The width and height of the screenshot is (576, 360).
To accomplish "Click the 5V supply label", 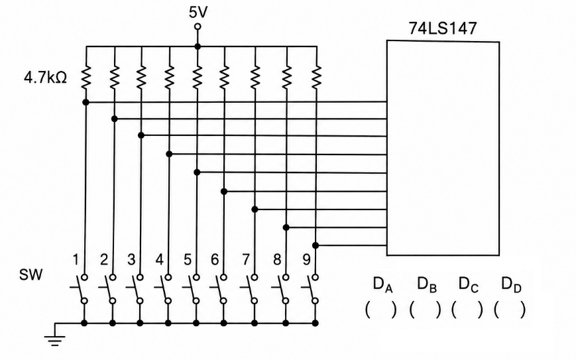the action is tap(198, 12).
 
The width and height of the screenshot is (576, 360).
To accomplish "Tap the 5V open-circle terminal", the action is tap(198, 27).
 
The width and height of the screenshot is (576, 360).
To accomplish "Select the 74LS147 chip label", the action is tap(442, 29).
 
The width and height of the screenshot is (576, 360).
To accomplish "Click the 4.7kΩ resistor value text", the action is tap(45, 78).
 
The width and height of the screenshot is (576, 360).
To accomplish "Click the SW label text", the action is tap(31, 274).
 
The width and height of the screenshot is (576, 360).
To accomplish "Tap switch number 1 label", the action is tap(76, 260).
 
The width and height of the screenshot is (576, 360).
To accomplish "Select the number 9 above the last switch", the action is tap(307, 260).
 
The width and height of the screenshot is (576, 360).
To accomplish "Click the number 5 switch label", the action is tap(188, 260).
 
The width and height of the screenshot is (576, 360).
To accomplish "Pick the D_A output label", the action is tap(382, 284).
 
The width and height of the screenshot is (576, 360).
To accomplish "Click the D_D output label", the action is tap(511, 284).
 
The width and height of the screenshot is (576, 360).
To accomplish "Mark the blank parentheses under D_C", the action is tap(467, 310).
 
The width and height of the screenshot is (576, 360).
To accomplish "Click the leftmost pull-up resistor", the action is tap(86, 77).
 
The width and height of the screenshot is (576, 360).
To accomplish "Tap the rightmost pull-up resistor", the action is tap(316, 77).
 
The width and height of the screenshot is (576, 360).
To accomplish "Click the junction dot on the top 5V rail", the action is tap(198, 46).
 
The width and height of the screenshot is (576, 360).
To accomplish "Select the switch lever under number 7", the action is tap(251, 288).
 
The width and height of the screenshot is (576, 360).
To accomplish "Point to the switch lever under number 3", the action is tap(136, 288).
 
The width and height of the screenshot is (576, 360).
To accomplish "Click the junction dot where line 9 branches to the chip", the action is tap(316, 245).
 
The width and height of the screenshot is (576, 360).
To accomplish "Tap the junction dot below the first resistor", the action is tap(86, 102).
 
